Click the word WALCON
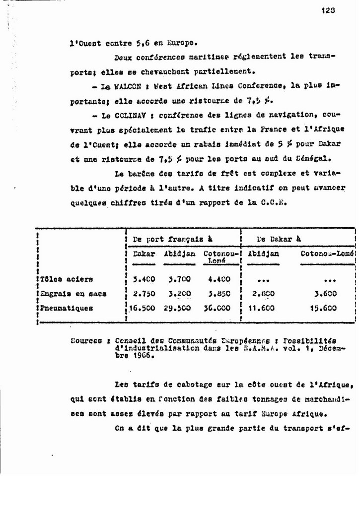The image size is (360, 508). click(128, 86)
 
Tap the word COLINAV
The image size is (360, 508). click(131, 117)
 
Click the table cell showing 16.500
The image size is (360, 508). click(142, 308)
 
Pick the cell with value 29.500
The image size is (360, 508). click(177, 308)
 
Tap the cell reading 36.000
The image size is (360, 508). click(216, 308)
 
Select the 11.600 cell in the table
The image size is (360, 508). click(262, 308)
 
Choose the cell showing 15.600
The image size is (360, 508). click(326, 308)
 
